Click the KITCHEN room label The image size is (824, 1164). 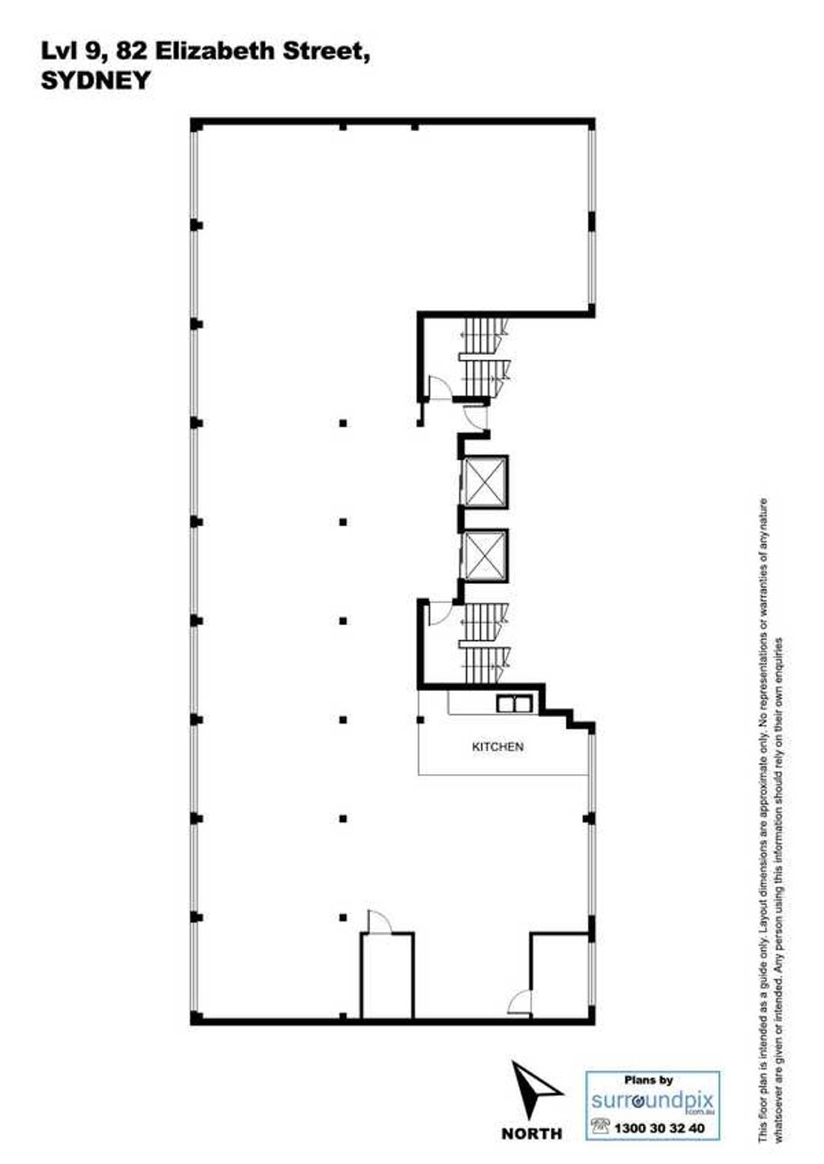click(497, 747)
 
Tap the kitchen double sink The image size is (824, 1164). click(514, 704)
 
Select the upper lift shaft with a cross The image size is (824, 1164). click(485, 482)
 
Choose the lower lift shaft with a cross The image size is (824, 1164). click(485, 556)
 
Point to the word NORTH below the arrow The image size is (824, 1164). click(531, 1133)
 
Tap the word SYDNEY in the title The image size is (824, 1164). click(96, 81)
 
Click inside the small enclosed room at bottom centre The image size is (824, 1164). click(388, 976)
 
